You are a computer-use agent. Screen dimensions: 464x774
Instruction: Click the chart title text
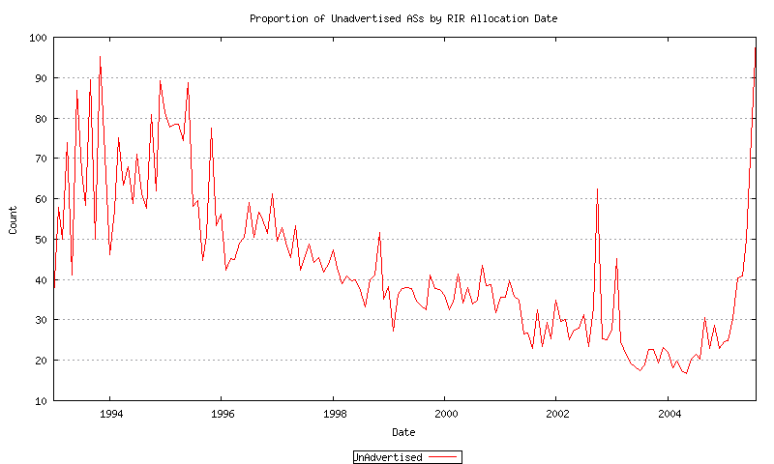pyautogui.click(x=403, y=18)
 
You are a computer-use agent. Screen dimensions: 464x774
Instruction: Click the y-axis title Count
pyautogui.click(x=14, y=218)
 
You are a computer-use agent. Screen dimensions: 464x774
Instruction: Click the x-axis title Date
pyautogui.click(x=403, y=431)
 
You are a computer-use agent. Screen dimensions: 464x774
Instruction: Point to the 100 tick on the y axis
pyautogui.click(x=38, y=38)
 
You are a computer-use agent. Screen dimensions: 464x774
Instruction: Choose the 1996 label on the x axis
pyautogui.click(x=222, y=413)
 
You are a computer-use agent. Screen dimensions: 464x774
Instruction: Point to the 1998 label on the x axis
pyautogui.click(x=333, y=413)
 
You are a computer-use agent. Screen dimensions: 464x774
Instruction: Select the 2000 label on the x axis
pyautogui.click(x=444, y=413)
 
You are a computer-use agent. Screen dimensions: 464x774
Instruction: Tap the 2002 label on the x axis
pyautogui.click(x=555, y=413)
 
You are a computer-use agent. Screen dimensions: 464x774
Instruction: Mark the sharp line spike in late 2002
pyautogui.click(x=597, y=190)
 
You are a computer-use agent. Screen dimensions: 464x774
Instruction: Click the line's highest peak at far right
pyautogui.click(x=755, y=48)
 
